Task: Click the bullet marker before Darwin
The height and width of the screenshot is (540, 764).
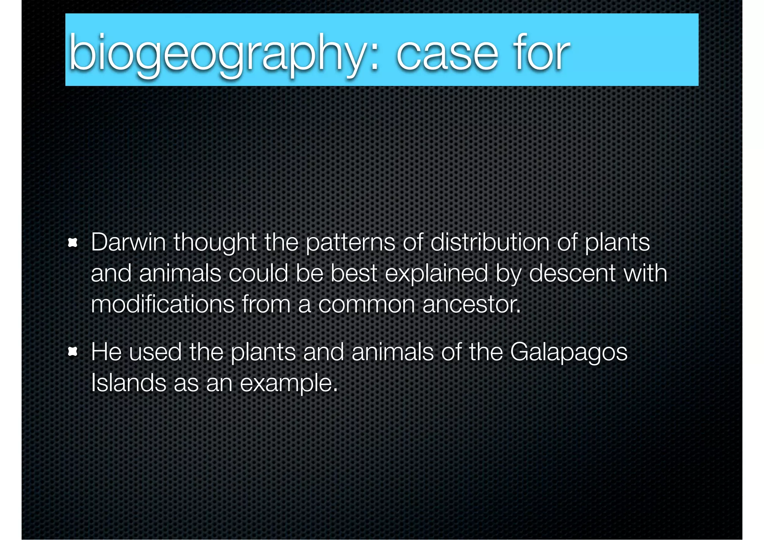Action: coord(72,244)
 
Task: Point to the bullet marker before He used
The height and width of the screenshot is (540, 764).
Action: coord(72,352)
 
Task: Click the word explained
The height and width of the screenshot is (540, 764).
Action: coord(436,273)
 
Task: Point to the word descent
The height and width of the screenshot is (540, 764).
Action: coord(572,273)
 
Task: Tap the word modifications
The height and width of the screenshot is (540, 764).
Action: coord(163,304)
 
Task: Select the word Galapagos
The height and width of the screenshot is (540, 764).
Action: coord(569,352)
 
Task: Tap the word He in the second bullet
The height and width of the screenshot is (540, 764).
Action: coord(106,352)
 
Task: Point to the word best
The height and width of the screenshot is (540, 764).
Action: coord(354,273)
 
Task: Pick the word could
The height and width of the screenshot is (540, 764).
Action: coord(258,273)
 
